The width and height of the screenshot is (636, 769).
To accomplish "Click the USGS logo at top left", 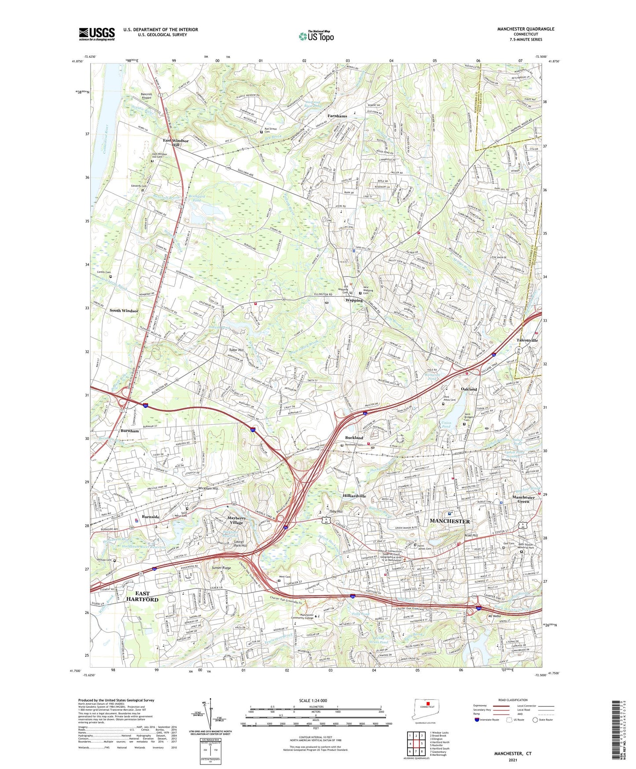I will pos(97,34).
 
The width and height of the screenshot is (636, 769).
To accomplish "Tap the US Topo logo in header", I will pos(316,36).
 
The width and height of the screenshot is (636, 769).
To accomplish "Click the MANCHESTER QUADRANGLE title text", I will pos(526,29).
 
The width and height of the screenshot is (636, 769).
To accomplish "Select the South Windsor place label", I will pos(124,311).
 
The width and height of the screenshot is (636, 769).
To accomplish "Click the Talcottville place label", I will pos(527,340).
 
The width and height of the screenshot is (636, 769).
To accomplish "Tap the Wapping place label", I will pos(354,300).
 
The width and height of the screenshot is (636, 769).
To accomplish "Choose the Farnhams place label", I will pos(337,116).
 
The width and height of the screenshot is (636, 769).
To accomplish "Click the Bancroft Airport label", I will pos(146,96).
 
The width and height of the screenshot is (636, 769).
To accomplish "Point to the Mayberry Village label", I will pos(237,520).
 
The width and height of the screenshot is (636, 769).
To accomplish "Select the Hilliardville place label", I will pos(354,496).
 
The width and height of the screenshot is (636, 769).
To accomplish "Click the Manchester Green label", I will pos(523,499).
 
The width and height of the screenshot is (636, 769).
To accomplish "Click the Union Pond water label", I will pos(446,425).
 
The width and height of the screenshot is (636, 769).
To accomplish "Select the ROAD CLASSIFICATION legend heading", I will pos(513,700).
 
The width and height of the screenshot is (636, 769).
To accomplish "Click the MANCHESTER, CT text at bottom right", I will pos(512,754).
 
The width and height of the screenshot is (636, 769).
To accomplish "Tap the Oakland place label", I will pos(469,389).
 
